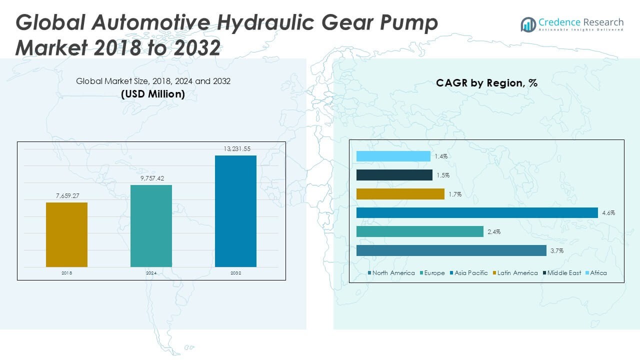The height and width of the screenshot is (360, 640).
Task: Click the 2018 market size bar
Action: [x=66, y=234]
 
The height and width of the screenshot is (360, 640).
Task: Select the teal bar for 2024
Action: [x=151, y=226]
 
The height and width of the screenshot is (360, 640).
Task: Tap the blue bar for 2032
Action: [x=235, y=211]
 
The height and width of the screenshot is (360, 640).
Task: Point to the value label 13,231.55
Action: [x=236, y=148]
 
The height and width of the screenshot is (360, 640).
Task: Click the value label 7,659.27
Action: [x=66, y=195]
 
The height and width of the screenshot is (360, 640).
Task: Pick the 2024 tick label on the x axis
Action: [x=151, y=273]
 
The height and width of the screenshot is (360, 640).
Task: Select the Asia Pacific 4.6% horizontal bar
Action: [x=477, y=213]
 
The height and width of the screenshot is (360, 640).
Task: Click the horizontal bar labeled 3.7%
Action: [x=451, y=250]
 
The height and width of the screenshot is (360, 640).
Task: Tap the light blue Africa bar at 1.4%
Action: [x=393, y=156]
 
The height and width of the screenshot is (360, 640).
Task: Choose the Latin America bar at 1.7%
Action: [x=400, y=194]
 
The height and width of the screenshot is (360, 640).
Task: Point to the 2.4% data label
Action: [x=494, y=232]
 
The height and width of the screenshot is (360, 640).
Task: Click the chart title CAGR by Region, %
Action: [x=486, y=83]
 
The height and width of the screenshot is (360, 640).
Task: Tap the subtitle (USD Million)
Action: [x=153, y=94]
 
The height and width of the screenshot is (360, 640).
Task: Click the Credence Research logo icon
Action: [x=528, y=24]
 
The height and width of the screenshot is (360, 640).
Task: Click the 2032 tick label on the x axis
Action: [x=235, y=273]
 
